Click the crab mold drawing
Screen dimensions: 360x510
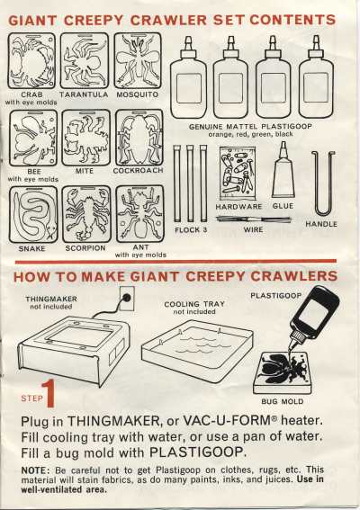(x=31, y=60)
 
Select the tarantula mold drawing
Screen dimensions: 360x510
(x=85, y=60)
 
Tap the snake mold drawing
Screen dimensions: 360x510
(x=33, y=214)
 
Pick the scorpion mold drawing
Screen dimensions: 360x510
(x=86, y=214)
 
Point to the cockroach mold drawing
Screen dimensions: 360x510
(x=139, y=138)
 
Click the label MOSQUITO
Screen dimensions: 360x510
(x=138, y=94)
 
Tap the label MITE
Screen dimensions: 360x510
(x=85, y=171)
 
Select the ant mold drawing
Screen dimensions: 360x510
(x=140, y=213)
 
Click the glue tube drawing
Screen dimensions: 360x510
(x=283, y=170)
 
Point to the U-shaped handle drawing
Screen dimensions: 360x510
(x=322, y=183)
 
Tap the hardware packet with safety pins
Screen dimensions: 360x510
(x=238, y=174)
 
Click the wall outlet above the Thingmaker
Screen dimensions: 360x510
(x=127, y=298)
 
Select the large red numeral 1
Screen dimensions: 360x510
(x=49, y=394)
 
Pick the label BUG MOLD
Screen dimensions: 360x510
(x=283, y=402)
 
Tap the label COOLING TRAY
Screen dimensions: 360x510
(x=194, y=304)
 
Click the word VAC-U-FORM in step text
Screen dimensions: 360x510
(x=227, y=421)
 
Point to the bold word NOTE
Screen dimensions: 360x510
(x=35, y=470)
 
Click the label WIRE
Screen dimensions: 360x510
(x=253, y=229)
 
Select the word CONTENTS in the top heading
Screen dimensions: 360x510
(x=292, y=20)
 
